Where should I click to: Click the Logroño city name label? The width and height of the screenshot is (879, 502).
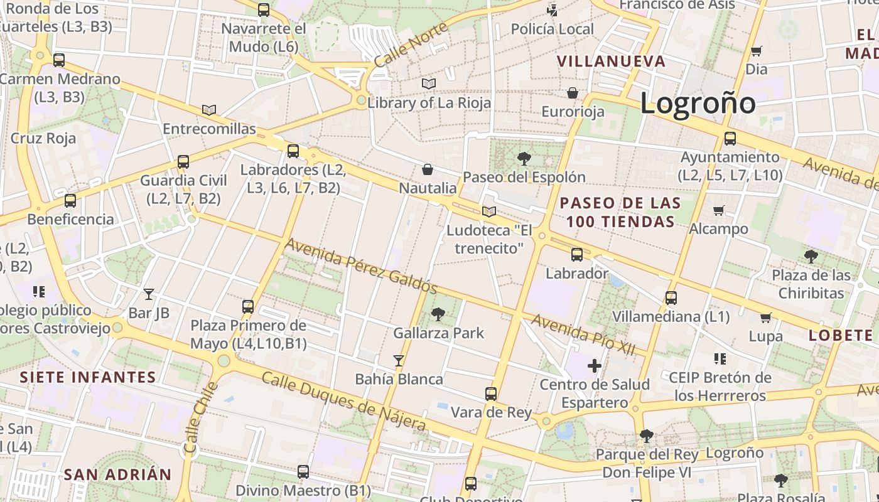pos(698,103)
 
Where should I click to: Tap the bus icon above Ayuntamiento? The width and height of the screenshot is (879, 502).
pos(730,139)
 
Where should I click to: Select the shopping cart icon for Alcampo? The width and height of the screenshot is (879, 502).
pos(719,210)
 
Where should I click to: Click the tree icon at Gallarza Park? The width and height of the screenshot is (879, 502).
pos(438,314)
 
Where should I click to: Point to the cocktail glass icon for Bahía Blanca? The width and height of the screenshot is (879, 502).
pos(398,360)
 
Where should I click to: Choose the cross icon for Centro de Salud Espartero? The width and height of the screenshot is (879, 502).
pos(594,365)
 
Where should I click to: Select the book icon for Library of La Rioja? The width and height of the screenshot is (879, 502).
pos(429,83)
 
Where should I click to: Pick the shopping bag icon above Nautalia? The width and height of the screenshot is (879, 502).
pos(428,169)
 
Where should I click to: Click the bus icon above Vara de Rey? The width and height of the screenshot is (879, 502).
pos(491,394)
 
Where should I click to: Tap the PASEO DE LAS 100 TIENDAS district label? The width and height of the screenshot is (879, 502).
pos(620,212)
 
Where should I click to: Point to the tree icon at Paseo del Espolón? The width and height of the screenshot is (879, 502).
pos(524,158)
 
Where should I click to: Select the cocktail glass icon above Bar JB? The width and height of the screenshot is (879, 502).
pos(149,294)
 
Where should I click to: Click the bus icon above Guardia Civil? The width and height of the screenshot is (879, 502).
pos(183,162)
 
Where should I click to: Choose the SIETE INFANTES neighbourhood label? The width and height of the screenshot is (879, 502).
pos(88,377)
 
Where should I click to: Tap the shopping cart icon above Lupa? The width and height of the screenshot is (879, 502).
pos(765,318)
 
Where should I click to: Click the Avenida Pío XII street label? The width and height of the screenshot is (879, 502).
pos(583,334)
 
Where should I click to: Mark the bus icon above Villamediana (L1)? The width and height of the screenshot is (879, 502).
pos(671,297)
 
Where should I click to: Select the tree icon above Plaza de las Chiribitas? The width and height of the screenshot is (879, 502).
pos(811,256)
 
